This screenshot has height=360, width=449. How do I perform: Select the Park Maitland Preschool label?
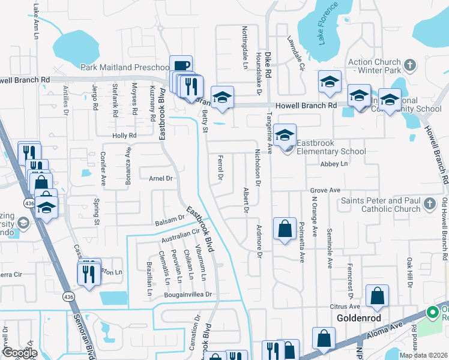click(x=125, y=67)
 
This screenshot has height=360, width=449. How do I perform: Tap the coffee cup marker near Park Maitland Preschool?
click(x=181, y=67)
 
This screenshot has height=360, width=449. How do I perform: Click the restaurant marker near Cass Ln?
click(x=89, y=275)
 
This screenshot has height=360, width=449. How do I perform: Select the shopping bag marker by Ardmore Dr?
click(x=285, y=229)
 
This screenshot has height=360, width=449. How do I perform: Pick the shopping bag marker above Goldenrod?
click(x=377, y=296)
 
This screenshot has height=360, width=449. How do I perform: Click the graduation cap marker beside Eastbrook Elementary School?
click(x=285, y=135)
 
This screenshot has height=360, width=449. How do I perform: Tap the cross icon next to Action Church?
click(x=411, y=64)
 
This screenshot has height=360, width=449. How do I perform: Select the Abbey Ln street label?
click(x=334, y=164)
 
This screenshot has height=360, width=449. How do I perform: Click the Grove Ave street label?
click(x=326, y=190)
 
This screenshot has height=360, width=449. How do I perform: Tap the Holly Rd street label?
click(x=128, y=136)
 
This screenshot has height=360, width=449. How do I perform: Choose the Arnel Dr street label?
click(x=160, y=178)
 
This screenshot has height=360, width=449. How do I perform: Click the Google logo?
click(x=19, y=353)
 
